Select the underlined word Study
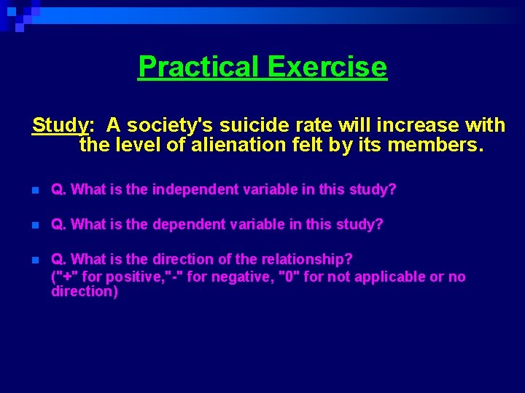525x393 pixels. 59,125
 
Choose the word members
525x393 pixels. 435,146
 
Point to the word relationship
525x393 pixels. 310,259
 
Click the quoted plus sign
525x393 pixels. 68,277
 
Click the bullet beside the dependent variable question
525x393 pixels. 35,225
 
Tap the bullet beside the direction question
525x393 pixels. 35,260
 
